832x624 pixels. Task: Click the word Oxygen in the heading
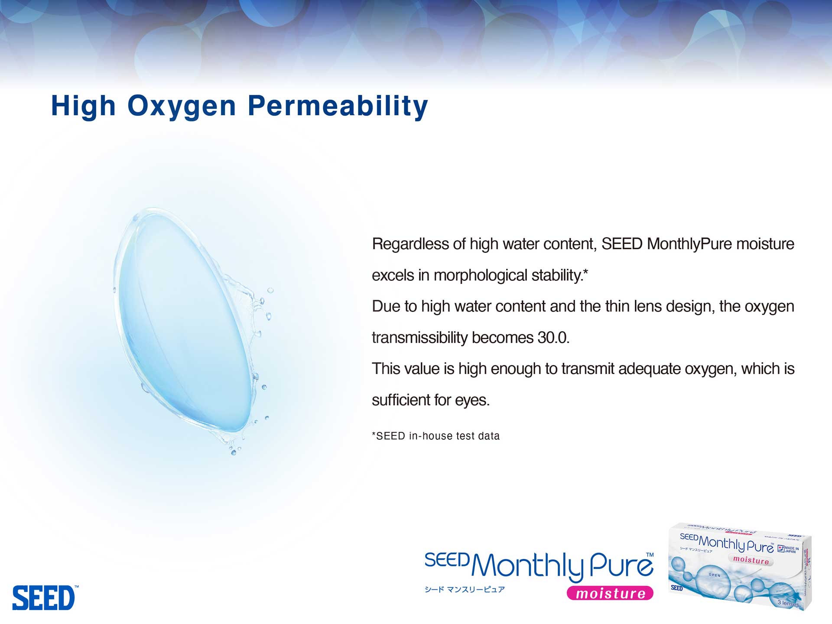click(182, 106)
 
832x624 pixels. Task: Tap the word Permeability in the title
click(338, 106)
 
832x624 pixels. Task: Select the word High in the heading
click(83, 106)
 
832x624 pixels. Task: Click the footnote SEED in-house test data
click(436, 436)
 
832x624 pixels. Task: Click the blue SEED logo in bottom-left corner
click(44, 598)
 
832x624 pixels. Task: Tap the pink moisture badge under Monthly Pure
click(610, 593)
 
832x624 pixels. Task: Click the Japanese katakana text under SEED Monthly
click(465, 589)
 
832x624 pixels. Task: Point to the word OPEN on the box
click(715, 575)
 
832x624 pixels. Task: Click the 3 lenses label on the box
click(788, 603)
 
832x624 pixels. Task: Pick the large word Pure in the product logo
click(621, 565)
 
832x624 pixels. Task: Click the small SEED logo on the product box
click(676, 588)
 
